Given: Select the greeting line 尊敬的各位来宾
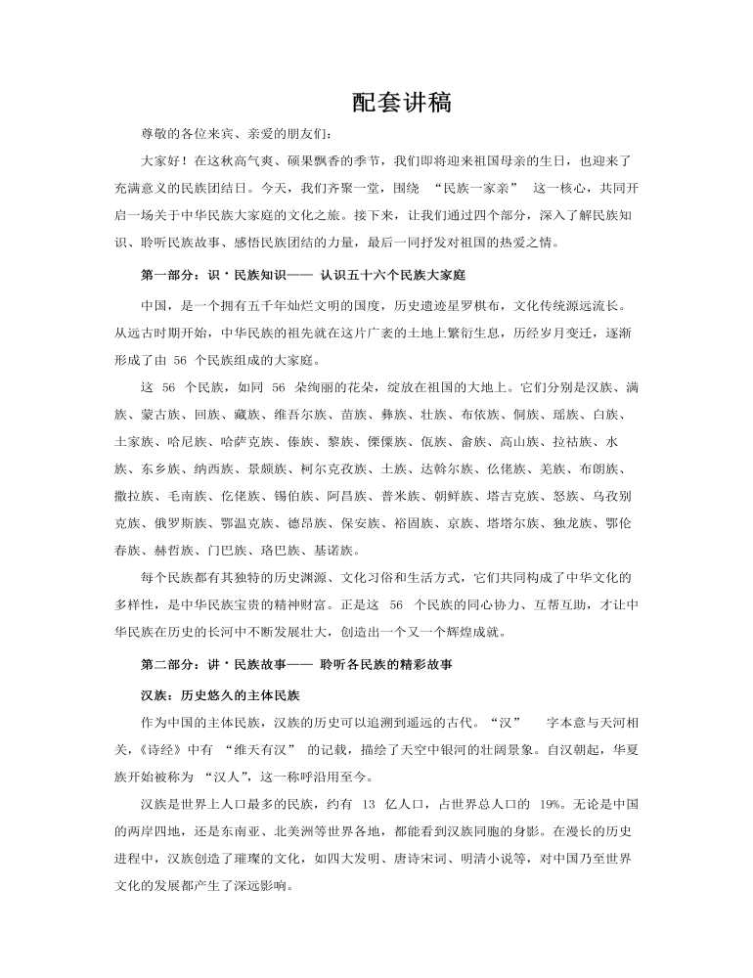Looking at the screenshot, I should [182, 132].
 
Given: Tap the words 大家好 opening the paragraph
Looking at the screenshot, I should [160, 158].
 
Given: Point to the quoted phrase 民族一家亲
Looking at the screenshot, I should [474, 185].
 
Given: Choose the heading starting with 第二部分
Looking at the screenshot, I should [296, 665].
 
